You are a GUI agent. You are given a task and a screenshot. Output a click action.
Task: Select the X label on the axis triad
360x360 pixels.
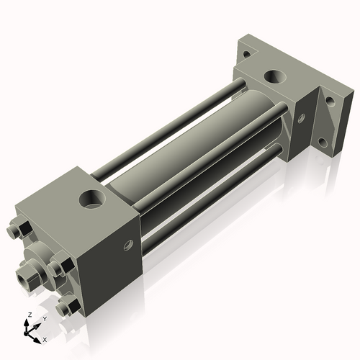45,338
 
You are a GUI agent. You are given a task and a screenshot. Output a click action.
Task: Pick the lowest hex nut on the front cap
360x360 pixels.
70,309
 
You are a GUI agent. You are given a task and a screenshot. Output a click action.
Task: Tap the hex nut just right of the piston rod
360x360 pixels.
58,268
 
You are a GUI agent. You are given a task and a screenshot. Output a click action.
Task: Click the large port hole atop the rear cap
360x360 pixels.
275,76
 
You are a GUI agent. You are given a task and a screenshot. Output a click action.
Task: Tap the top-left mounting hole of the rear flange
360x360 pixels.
247,53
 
